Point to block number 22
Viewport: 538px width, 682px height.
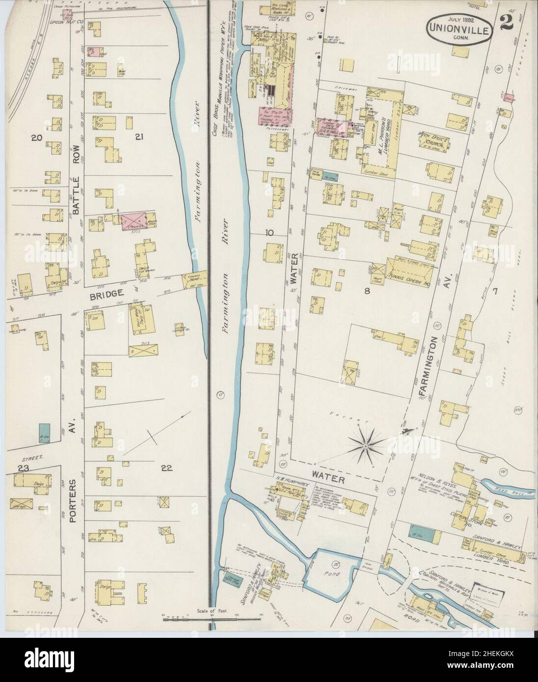167,468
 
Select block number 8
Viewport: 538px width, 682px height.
366,291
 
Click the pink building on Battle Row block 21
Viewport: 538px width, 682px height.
134,221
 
